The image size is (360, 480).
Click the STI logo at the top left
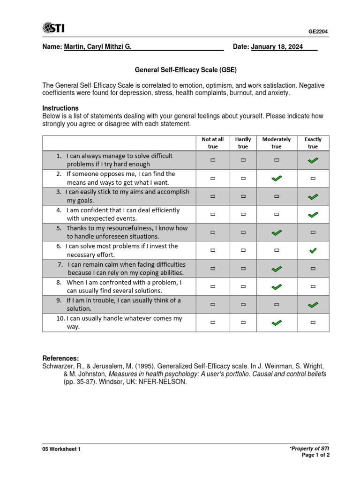click(54, 29)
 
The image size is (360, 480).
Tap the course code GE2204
click(318, 32)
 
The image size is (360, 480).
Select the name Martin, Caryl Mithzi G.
click(97, 47)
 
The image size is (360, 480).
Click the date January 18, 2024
click(277, 47)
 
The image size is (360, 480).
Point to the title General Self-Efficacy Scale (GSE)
click(186, 70)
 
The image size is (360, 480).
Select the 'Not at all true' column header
click(213, 143)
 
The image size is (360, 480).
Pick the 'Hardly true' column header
click(243, 143)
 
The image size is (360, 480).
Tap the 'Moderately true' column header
click(277, 143)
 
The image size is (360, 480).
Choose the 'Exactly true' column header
click(313, 143)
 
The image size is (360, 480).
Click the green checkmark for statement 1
click(313, 160)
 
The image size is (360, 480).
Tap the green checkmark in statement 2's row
click(277, 178)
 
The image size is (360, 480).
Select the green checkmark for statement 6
click(313, 251)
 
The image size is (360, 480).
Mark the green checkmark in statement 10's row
click(277, 322)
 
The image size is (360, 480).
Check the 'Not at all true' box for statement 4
click(213, 214)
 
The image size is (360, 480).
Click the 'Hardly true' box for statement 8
click(243, 286)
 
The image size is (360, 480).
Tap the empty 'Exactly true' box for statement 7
click(313, 269)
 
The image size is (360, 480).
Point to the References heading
click(60, 358)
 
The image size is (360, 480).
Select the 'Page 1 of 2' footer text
click(315, 455)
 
